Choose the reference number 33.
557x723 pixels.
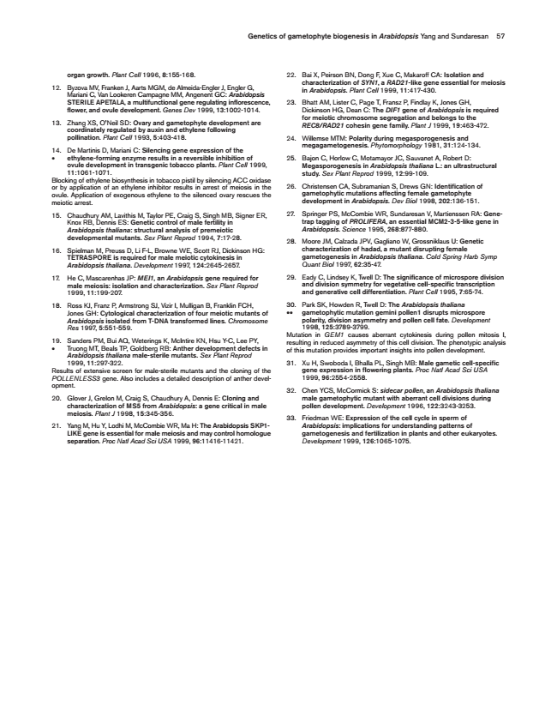point(290,418)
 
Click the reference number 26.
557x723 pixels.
point(290,186)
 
